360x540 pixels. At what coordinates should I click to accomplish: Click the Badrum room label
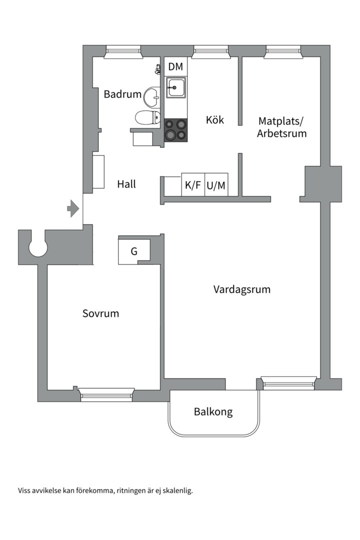coord(122,94)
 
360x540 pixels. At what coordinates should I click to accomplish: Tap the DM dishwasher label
coord(175,66)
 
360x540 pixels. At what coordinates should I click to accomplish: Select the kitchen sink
coord(176,87)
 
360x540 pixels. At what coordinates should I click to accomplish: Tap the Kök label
coord(215,120)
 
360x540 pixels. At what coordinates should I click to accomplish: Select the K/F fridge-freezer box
coord(193,185)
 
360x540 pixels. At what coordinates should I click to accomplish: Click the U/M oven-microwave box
coord(216,185)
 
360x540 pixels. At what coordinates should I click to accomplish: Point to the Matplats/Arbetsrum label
coord(282,127)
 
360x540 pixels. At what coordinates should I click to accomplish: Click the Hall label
coord(126,184)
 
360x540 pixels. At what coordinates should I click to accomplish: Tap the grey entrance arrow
coord(73,207)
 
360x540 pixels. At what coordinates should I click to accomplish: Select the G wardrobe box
coord(134,251)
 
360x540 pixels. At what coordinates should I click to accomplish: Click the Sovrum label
coord(101,313)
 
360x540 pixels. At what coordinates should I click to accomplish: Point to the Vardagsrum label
coord(242,289)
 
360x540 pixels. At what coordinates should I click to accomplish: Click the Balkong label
coord(213,412)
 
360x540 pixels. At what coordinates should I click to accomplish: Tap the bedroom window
coord(107,394)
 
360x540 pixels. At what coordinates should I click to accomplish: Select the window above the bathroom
coord(123,51)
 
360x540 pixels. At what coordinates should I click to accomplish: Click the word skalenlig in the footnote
coord(175,490)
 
